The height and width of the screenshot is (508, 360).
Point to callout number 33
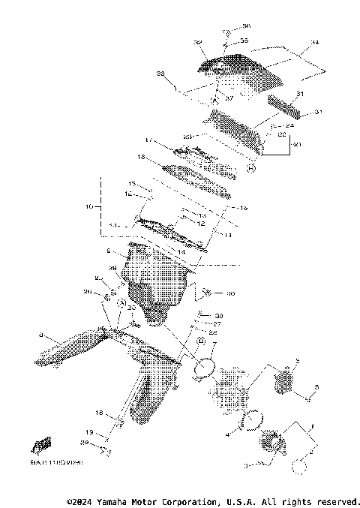(x=159, y=74)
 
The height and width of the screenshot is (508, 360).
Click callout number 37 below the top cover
(x=230, y=98)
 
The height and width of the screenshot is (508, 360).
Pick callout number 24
(x=288, y=125)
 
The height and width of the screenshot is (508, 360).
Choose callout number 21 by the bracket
(x=295, y=143)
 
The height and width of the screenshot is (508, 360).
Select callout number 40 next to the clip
(x=230, y=293)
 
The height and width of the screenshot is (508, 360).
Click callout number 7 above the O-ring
(x=214, y=344)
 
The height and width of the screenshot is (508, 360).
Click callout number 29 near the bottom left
(x=105, y=444)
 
